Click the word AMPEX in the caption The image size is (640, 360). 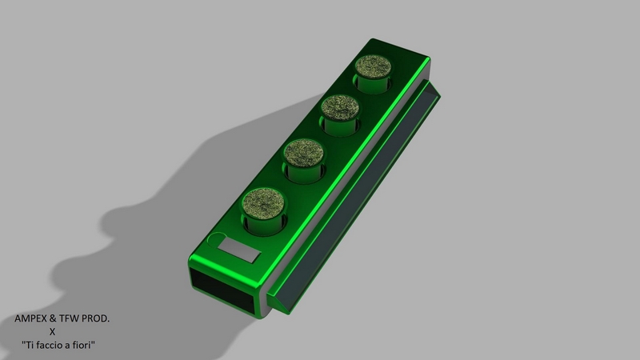click(x=30, y=318)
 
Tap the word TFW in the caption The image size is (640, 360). click(x=70, y=318)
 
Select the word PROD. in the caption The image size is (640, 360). click(x=96, y=318)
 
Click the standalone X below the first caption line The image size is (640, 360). click(x=52, y=332)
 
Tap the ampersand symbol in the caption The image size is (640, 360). click(x=53, y=318)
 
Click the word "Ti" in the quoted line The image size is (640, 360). click(x=28, y=345)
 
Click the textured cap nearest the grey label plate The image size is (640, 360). click(x=263, y=204)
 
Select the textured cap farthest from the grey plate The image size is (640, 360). click(x=373, y=66)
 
